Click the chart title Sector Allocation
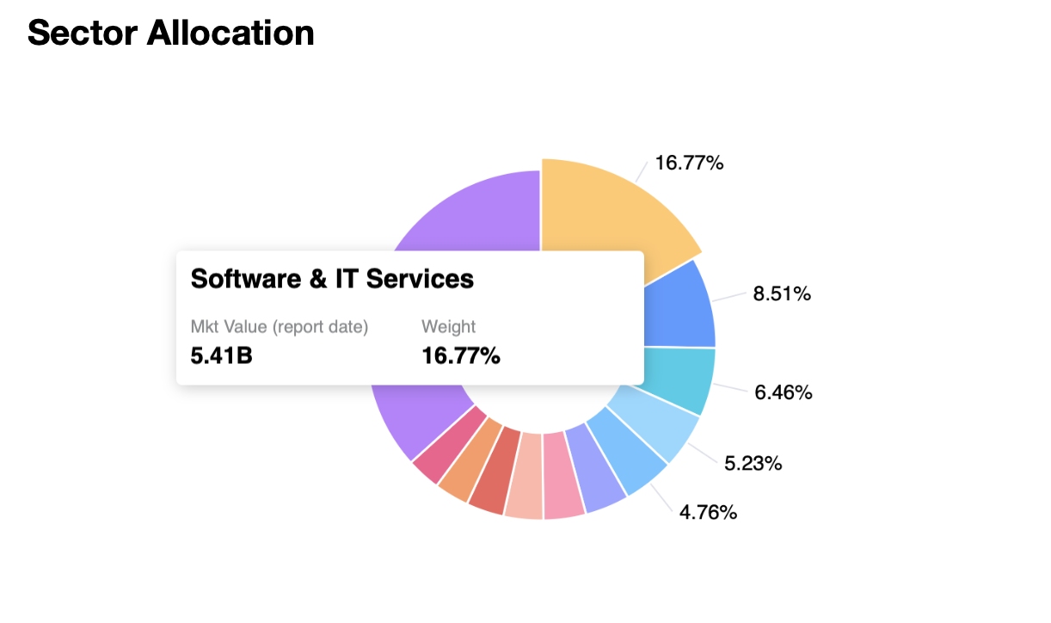coord(170,33)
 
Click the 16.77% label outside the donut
coord(689,163)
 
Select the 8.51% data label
coord(782,294)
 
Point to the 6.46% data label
coord(784,392)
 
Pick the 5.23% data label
coord(753,464)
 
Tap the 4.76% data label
coord(708,513)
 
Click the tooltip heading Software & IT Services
coord(332,279)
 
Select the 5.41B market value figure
coord(221,355)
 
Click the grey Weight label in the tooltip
coord(448,327)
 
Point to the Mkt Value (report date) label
coord(280,327)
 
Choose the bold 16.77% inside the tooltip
coord(461,355)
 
